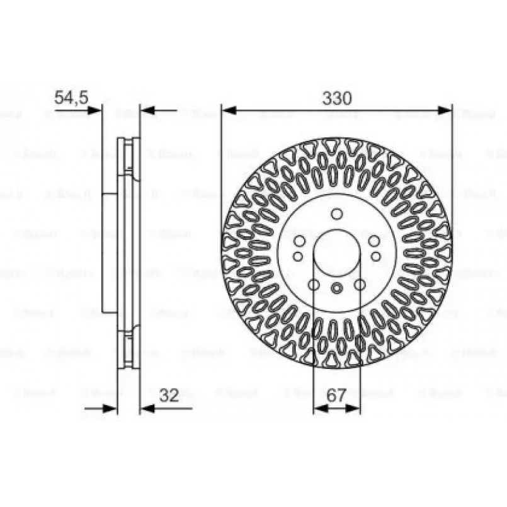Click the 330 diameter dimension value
coord(336,98)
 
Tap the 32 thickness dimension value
coord(169,396)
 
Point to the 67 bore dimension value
coord(337,396)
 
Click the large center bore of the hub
coord(336,254)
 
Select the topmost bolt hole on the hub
coord(336,214)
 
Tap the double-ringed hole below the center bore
coord(336,288)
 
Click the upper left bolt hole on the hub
coord(299,241)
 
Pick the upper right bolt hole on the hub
coord(374,241)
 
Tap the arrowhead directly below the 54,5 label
coord(94,111)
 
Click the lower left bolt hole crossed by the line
coord(313,285)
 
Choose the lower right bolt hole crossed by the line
coord(360,285)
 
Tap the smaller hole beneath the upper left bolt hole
coord(297,256)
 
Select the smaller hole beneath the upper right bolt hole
coord(376,256)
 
